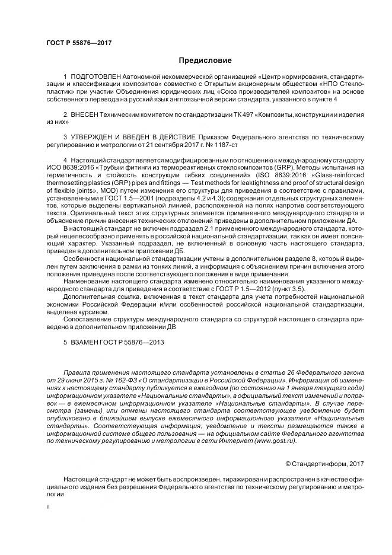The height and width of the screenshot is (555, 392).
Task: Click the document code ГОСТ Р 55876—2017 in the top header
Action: point(78,43)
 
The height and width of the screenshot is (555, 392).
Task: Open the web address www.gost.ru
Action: point(276,441)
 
